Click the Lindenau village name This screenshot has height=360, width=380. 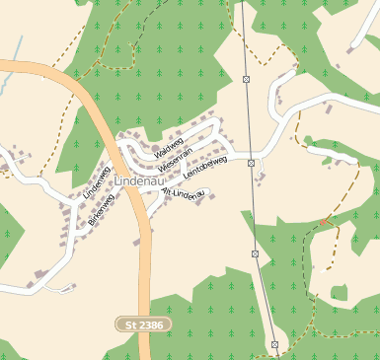[x=137, y=182]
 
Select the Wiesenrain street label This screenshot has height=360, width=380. [x=180, y=157]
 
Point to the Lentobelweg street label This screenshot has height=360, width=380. [x=206, y=167]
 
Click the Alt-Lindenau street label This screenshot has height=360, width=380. [x=183, y=194]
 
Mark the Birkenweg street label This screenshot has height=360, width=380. [x=102, y=210]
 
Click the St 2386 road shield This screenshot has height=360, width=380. [x=143, y=324]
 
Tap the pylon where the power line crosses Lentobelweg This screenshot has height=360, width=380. [x=252, y=163]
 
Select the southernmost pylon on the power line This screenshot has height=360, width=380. [x=274, y=345]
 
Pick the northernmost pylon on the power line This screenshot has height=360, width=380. [x=246, y=78]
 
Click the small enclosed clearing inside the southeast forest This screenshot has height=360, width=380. [x=340, y=293]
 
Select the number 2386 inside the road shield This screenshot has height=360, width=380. [x=149, y=324]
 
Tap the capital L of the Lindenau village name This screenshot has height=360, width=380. [x=118, y=182]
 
